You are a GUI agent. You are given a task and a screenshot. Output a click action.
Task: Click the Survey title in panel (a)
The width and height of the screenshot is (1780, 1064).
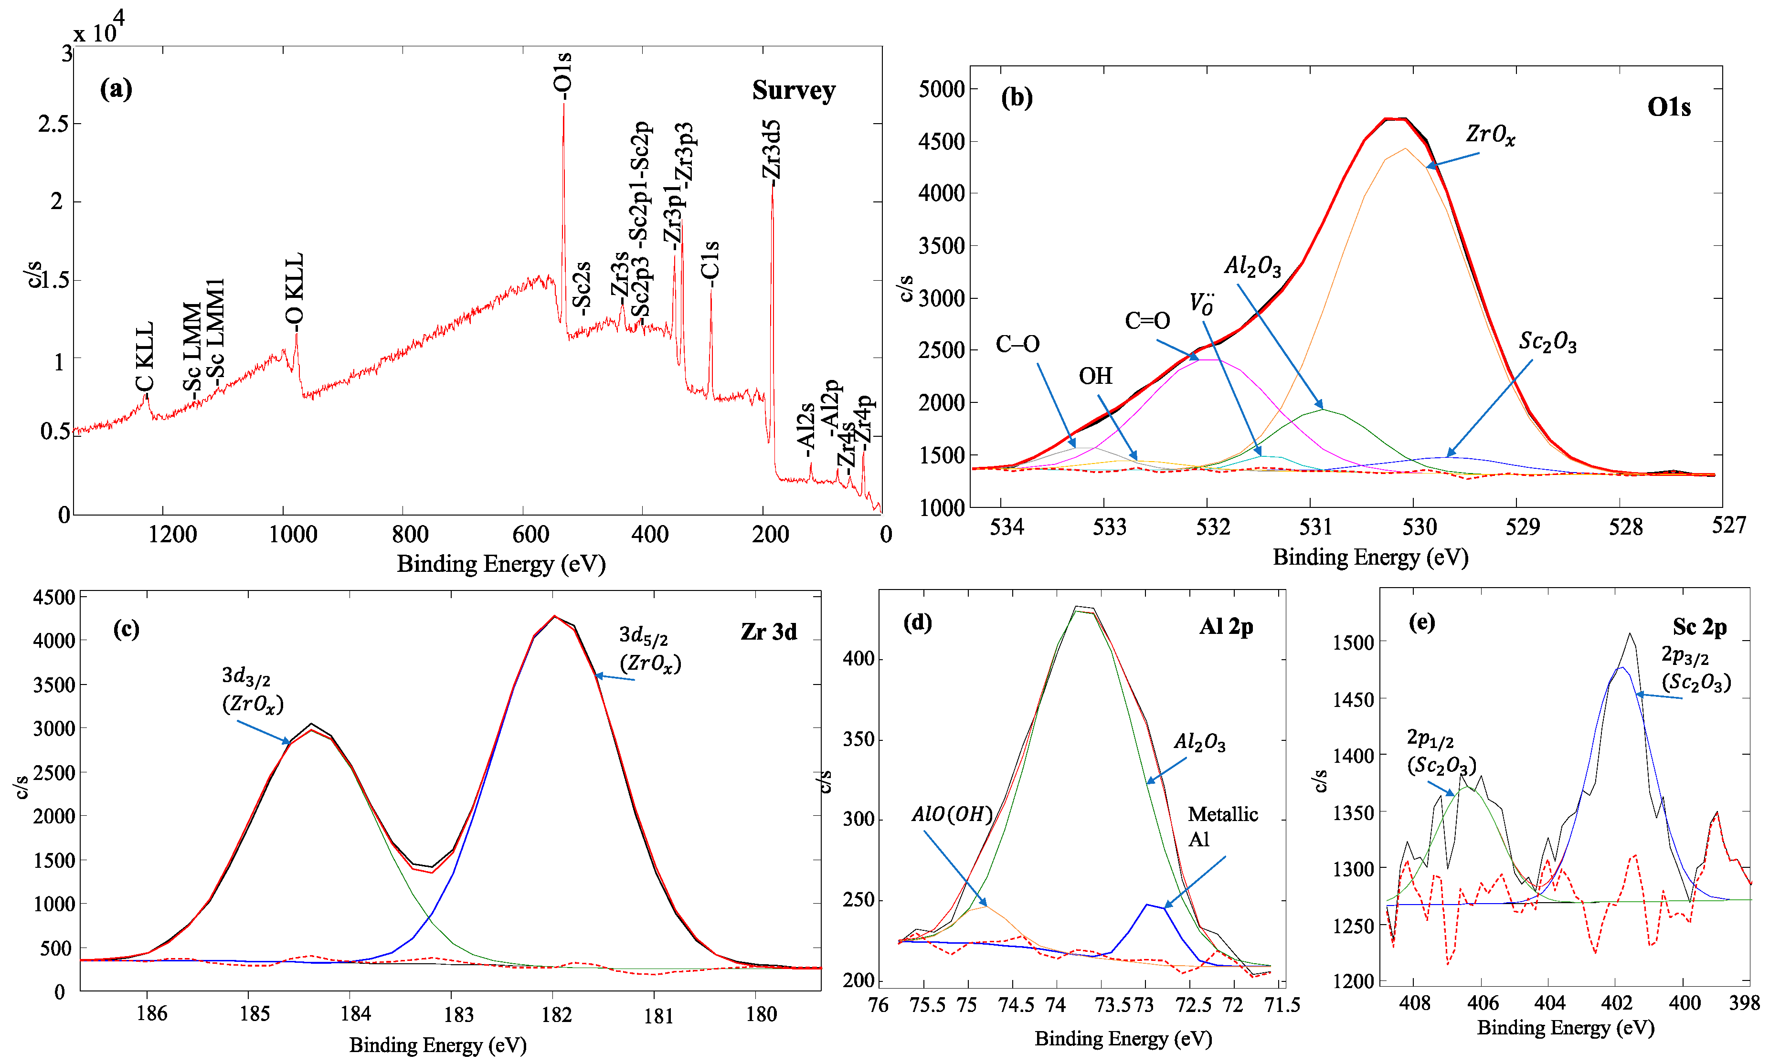coord(793,90)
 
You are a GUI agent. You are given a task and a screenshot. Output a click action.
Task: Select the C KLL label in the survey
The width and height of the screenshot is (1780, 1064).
coord(144,357)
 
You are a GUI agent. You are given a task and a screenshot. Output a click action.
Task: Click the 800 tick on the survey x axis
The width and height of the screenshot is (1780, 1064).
coord(410,534)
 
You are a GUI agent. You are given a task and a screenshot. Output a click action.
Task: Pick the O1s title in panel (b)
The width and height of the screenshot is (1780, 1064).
coord(1668,107)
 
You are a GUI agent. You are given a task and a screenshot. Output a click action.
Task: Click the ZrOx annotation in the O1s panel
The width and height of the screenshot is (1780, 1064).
coord(1490,134)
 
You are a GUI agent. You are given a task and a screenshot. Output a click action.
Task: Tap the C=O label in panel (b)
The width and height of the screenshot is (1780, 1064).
coord(1147,320)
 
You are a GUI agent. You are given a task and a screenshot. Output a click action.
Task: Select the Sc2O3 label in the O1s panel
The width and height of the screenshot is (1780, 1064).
coord(1547,342)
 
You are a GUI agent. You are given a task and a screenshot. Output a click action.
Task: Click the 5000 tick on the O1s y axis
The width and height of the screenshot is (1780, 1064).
coord(942,90)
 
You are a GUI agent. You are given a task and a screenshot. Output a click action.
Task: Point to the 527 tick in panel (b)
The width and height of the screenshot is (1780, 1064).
coord(1728,526)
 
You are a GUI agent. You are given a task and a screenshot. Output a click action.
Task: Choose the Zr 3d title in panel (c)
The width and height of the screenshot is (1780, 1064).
coord(768,632)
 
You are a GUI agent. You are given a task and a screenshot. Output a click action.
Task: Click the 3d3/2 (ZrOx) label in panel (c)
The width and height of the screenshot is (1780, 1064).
coord(252,690)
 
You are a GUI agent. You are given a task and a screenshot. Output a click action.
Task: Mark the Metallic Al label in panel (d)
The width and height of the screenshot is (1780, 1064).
coord(1222,826)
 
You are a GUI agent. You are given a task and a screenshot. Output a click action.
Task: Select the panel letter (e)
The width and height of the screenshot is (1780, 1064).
coord(1421,622)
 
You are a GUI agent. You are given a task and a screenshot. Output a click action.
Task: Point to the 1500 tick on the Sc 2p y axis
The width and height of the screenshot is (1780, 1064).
coord(1353,643)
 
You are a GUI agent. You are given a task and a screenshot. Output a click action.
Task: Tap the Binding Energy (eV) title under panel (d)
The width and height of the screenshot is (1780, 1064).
coord(1123,1038)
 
